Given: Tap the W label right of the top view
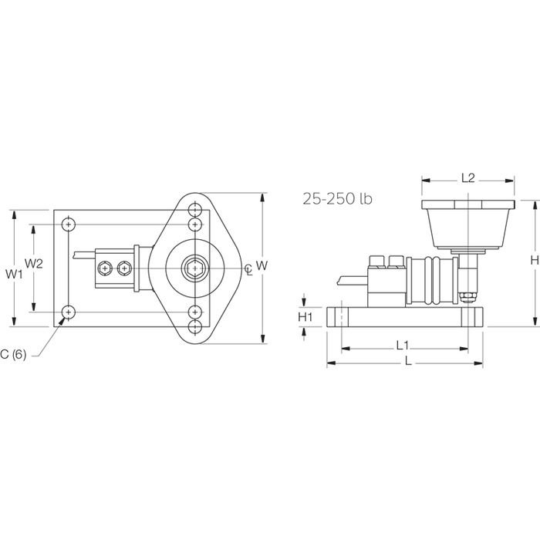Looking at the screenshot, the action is coord(262,265).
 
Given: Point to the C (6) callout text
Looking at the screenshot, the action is coord(13,354).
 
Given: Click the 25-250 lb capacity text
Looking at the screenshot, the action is coord(338,199).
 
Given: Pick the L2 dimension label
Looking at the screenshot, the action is coord(468,177).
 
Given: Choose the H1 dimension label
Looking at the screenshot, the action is coord(305,317).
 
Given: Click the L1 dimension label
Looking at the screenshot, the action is coord(402,345).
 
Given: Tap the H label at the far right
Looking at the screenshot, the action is coord(535,261).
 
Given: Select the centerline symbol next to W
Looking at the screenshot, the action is coord(248,268).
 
